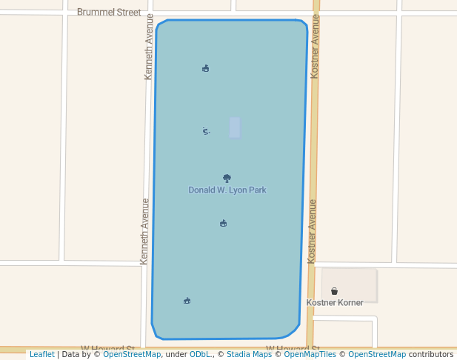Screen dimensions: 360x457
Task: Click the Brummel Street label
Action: (109, 13)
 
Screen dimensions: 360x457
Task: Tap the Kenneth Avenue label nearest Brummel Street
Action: (149, 47)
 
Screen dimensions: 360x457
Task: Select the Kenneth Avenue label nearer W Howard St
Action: (145, 231)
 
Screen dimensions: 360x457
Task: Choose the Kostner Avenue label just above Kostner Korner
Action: (312, 231)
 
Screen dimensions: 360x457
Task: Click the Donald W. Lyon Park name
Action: (227, 190)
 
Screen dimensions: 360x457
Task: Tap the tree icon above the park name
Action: (227, 178)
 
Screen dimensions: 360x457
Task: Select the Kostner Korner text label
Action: (335, 303)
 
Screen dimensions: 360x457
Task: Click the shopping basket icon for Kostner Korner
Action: (335, 291)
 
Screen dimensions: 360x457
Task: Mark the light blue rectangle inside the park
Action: (235, 127)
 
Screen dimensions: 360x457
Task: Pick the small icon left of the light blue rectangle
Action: (206, 131)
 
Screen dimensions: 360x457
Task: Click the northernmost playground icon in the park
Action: (205, 68)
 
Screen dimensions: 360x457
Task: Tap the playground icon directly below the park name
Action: (223, 223)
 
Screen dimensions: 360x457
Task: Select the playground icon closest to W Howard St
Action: (187, 300)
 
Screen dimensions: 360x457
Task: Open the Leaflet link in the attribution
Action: (41, 354)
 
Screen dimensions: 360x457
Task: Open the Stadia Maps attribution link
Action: (249, 354)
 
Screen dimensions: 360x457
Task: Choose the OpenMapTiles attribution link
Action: (310, 354)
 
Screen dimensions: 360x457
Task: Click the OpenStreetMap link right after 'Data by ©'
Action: (132, 354)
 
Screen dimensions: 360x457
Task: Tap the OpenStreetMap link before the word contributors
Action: (377, 354)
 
